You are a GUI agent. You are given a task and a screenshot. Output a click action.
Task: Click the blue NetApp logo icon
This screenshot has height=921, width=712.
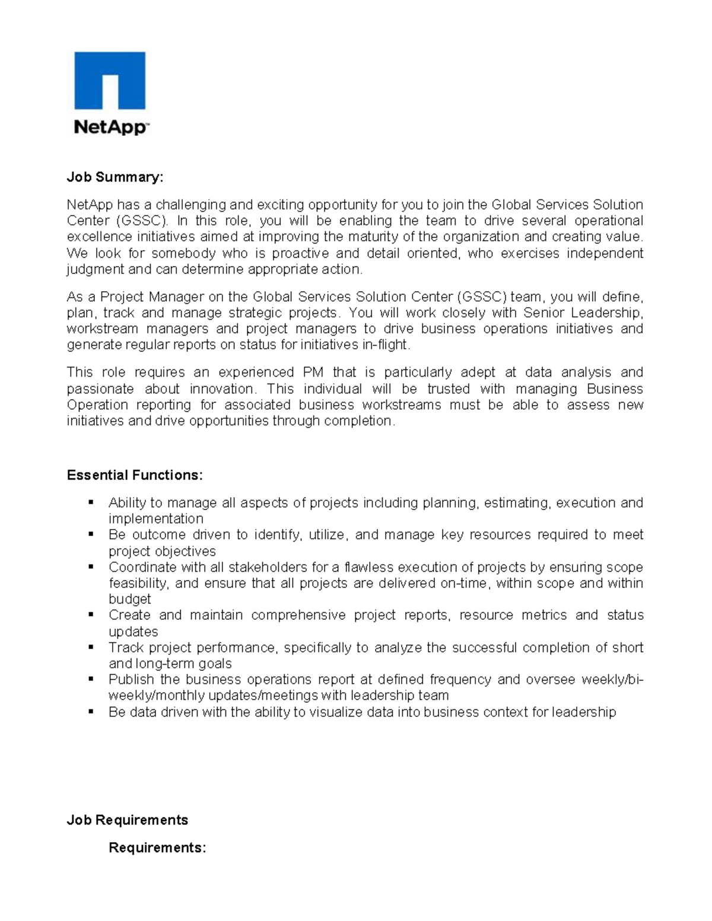click(110, 81)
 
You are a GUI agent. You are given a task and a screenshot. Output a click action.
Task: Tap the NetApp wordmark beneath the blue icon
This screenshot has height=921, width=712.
click(110, 127)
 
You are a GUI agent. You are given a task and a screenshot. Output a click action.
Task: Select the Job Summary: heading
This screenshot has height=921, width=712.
click(115, 177)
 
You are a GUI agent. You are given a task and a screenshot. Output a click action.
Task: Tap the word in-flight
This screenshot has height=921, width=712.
click(386, 345)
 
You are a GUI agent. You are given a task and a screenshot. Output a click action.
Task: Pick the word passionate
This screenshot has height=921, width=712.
click(100, 389)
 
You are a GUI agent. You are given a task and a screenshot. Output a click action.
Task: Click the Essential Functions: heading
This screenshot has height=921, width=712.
click(135, 476)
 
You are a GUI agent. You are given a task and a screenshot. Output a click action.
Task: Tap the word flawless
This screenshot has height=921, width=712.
click(369, 568)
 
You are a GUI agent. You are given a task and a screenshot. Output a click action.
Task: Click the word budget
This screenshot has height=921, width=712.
click(129, 600)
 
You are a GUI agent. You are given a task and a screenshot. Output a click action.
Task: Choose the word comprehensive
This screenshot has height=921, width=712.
click(298, 616)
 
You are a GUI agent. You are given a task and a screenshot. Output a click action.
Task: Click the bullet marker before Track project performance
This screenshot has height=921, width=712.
click(91, 647)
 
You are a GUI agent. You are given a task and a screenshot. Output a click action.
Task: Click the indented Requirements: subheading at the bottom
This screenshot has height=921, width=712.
click(157, 848)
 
